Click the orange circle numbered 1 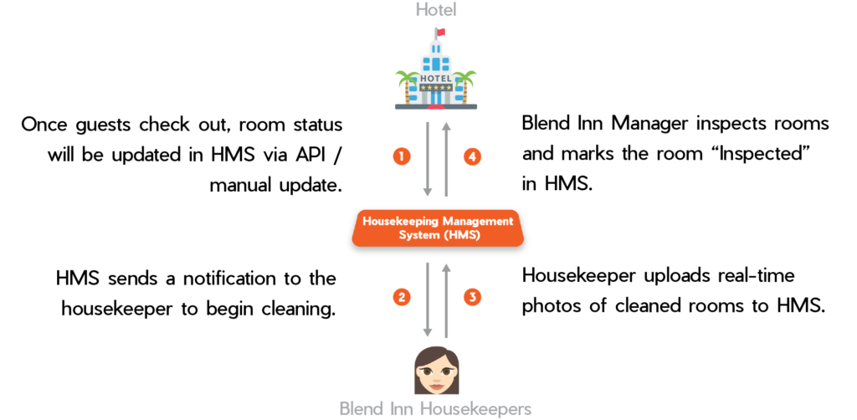click(x=402, y=156)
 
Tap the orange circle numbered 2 click(x=402, y=297)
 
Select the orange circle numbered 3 click(x=473, y=297)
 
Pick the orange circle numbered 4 click(x=473, y=156)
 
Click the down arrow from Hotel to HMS click(x=428, y=159)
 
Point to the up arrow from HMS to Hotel click(x=447, y=159)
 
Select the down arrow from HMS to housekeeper click(x=428, y=300)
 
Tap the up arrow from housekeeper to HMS click(x=447, y=300)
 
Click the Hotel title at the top click(x=437, y=11)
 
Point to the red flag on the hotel click(x=441, y=32)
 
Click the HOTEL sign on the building click(x=436, y=78)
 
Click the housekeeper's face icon click(x=437, y=371)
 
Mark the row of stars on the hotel click(x=436, y=87)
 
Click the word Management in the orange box click(x=476, y=222)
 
